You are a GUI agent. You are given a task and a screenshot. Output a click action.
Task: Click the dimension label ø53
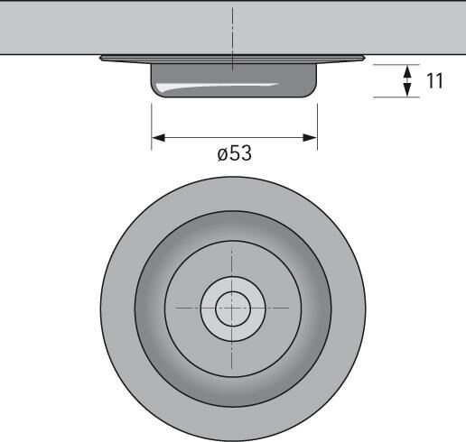[234, 153]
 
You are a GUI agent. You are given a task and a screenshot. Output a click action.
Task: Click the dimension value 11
[434, 81]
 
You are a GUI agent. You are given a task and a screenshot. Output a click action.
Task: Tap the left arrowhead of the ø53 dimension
[159, 138]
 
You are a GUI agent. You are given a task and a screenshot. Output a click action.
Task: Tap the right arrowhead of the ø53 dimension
[310, 138]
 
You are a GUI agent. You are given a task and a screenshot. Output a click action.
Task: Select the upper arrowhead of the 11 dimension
[407, 72]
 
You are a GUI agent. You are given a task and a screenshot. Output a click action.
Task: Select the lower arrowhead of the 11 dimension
[407, 89]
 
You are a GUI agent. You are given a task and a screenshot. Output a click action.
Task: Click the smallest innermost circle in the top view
[233, 308]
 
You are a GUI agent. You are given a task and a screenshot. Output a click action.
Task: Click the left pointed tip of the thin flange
[100, 58]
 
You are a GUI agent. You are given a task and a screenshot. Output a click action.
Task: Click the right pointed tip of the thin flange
[365, 58]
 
